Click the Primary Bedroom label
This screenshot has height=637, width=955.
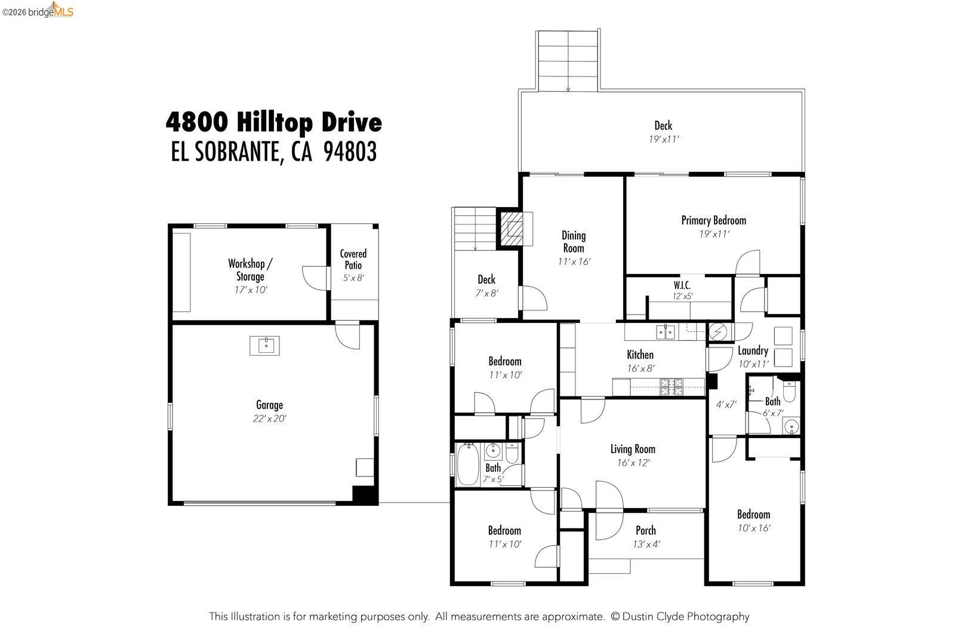pos(713,220)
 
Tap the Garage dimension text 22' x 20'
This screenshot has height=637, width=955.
pos(269,419)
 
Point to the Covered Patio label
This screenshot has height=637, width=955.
pos(353,260)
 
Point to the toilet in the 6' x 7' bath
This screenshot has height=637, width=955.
pos(789,392)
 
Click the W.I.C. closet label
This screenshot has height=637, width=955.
pos(682,285)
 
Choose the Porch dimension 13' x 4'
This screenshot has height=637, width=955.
pos(646,544)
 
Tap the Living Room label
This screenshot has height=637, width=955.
pos(632,449)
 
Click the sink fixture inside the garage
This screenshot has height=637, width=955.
pos(264,345)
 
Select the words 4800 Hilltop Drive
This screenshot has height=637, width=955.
pos(273,122)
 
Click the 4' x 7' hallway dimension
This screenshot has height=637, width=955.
pos(726,404)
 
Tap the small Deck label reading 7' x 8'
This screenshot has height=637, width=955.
pos(486,293)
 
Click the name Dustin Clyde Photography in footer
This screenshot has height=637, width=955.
pos(686,617)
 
